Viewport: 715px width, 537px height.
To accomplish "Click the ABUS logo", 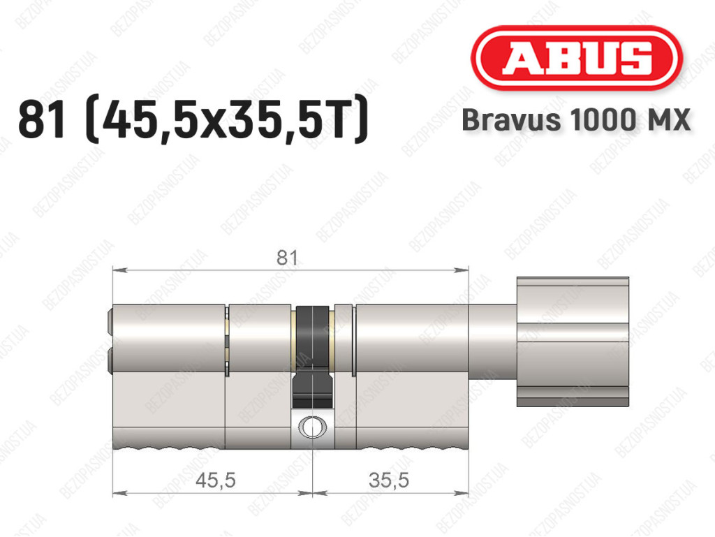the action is coord(576,59).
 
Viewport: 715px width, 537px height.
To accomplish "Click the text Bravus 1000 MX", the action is coord(576,120).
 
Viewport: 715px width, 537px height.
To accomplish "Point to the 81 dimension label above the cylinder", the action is coord(287,258).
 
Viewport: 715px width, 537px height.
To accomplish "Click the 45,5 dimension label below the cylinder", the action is coord(215,480).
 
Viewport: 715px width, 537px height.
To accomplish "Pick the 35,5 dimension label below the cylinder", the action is coord(388,480).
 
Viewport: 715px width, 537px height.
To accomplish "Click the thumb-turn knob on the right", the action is coord(573,341).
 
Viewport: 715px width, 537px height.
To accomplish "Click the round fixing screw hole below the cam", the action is coord(312,427).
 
